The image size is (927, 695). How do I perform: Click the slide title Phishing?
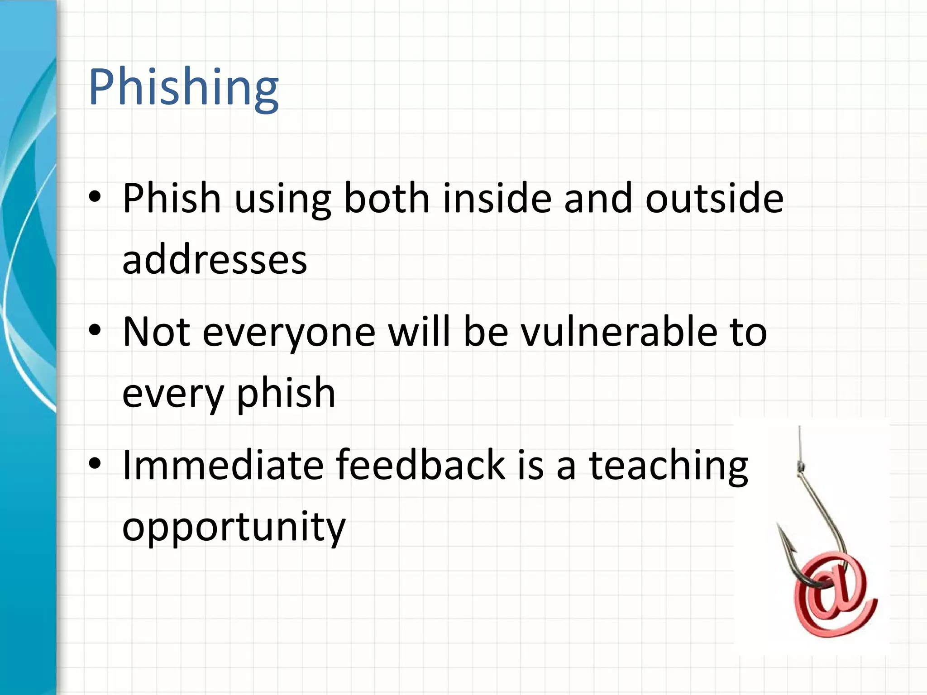[x=183, y=87]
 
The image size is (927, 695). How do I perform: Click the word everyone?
[x=289, y=332]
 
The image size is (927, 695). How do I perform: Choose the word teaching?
[x=668, y=466]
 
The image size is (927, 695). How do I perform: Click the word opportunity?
[x=234, y=527]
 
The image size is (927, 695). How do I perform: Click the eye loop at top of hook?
[x=801, y=466]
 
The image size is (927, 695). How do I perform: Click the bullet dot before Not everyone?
[x=95, y=331]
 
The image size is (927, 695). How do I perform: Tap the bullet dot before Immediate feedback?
[x=95, y=464]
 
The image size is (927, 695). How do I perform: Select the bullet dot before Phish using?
[x=95, y=197]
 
